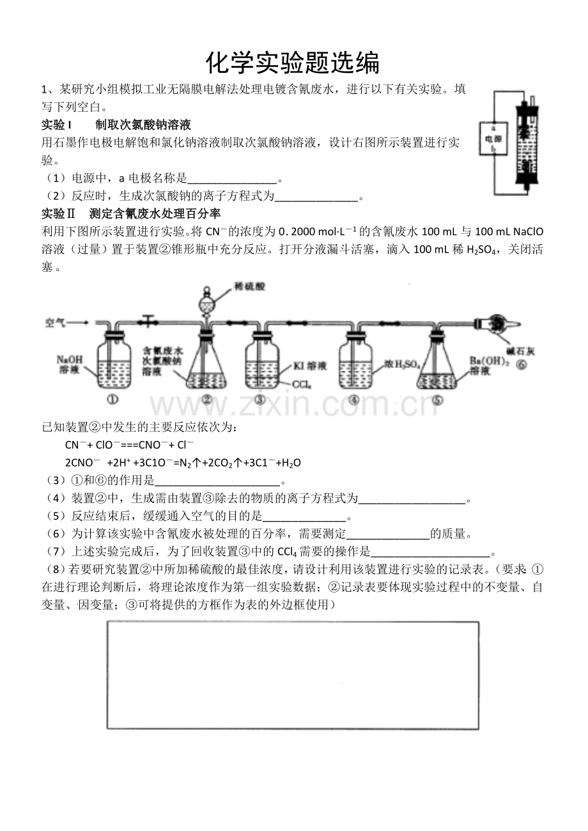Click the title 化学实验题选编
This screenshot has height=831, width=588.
(x=293, y=63)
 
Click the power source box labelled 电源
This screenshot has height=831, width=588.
(x=493, y=138)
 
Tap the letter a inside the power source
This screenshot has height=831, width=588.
(x=493, y=127)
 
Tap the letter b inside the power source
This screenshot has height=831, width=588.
(x=493, y=148)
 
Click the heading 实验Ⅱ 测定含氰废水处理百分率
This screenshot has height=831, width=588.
(x=131, y=214)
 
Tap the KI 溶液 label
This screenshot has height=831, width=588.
(x=309, y=366)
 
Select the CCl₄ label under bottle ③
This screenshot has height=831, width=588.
(x=301, y=385)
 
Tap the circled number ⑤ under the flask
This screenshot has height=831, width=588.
(x=438, y=401)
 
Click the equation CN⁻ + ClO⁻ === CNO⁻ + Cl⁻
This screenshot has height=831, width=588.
(x=129, y=445)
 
